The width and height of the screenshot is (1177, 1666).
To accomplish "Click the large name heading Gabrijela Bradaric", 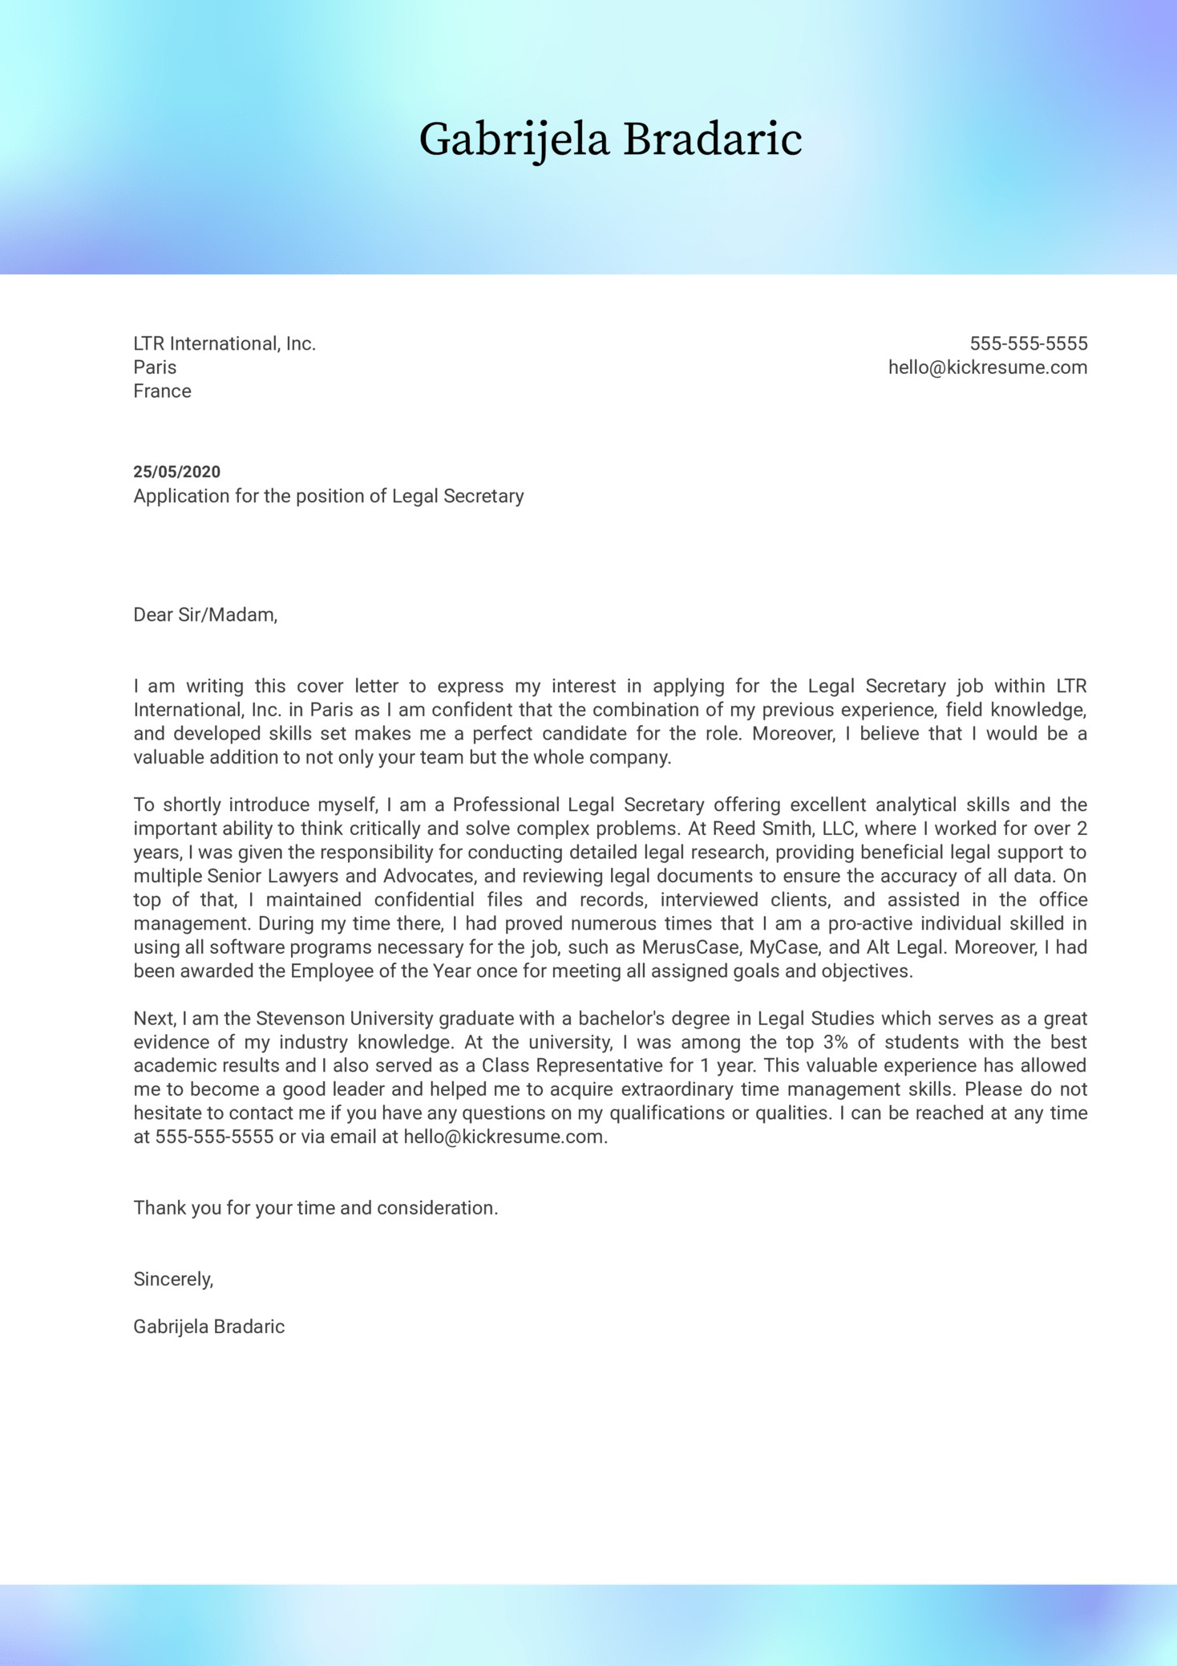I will (x=610, y=140).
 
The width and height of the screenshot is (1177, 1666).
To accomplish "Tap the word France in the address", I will (x=162, y=391).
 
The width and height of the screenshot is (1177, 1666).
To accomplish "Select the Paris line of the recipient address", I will (x=155, y=367).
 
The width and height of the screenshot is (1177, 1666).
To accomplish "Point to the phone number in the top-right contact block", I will (x=1029, y=344).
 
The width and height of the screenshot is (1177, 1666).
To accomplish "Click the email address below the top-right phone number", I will (x=988, y=367).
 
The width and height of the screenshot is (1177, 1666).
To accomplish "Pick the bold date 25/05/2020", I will (x=176, y=472).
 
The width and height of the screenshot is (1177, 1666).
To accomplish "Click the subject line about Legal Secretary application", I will (x=328, y=497).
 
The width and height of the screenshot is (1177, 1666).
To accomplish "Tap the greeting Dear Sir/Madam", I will (x=205, y=615).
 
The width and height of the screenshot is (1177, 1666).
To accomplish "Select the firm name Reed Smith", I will (x=758, y=829).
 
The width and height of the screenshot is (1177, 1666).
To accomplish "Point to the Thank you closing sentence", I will (x=316, y=1208).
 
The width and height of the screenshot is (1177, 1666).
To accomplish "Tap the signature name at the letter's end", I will (x=208, y=1327).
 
